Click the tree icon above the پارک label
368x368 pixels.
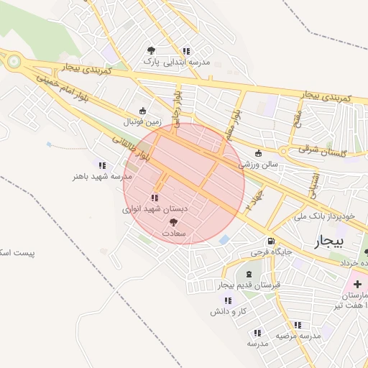coord(150,50)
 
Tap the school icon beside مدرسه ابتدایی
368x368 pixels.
coord(186,51)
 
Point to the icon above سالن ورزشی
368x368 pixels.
coord(259,153)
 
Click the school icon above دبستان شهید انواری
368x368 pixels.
coord(155,198)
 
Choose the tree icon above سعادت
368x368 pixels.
coord(171,222)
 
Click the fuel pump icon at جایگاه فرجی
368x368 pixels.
coord(270,241)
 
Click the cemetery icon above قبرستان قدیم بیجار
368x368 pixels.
coord(249,275)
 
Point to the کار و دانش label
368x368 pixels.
coord(229,311)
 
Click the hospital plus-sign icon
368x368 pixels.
coord(357,285)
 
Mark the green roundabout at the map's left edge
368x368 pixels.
coord(12,62)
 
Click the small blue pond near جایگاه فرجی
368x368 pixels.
coord(225,239)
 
